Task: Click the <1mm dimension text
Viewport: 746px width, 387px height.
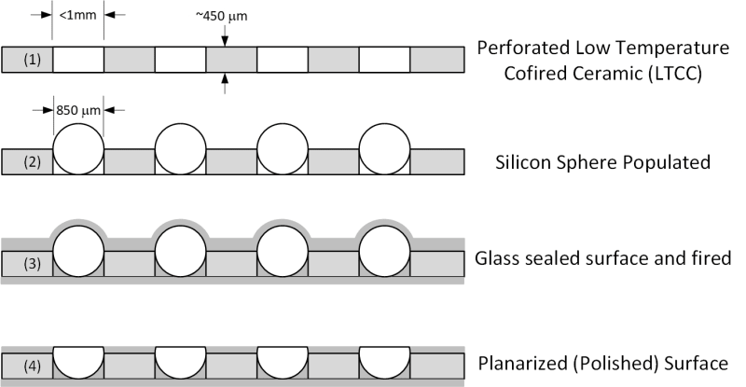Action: pos(78,15)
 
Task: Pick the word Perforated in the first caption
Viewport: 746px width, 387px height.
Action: pos(517,48)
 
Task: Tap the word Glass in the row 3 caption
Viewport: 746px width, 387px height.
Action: pos(501,258)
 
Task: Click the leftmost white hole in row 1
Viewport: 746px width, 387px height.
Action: pos(78,60)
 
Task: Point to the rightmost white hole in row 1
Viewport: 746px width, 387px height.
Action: pos(384,60)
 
